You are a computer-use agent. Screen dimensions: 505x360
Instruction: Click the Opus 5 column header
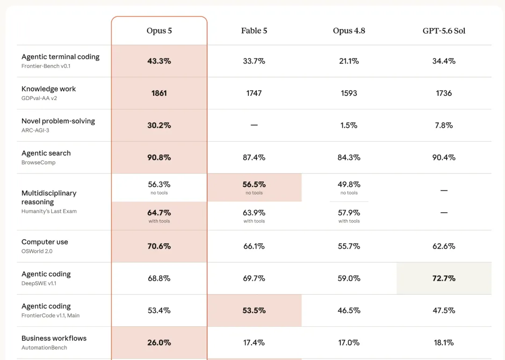(159, 30)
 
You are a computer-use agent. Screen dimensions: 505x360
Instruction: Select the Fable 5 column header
(254, 30)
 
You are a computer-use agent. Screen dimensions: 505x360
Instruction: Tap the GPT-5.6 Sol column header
(444, 30)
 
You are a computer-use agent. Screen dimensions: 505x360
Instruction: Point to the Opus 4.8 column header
(349, 30)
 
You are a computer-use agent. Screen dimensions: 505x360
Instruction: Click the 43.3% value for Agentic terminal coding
(159, 61)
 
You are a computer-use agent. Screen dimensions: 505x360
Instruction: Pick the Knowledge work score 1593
(349, 93)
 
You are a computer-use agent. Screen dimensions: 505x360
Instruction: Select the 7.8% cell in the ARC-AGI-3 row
(444, 125)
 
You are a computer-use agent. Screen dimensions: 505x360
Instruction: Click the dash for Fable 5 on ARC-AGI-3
(254, 125)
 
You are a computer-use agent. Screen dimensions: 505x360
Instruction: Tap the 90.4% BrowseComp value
(444, 158)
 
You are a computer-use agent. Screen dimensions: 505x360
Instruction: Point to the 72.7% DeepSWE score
(444, 278)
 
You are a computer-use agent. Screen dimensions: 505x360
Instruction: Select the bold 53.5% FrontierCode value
(254, 310)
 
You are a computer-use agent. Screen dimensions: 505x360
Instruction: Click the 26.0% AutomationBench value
(159, 343)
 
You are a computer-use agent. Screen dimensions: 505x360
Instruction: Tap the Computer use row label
(45, 242)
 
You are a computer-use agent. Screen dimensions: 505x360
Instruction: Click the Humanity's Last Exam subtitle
(49, 211)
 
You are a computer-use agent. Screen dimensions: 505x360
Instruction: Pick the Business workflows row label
(54, 338)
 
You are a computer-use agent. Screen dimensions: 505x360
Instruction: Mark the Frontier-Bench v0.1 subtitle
(46, 66)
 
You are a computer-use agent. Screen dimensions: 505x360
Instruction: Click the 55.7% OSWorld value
(349, 246)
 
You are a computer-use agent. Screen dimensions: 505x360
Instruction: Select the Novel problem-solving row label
(58, 121)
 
